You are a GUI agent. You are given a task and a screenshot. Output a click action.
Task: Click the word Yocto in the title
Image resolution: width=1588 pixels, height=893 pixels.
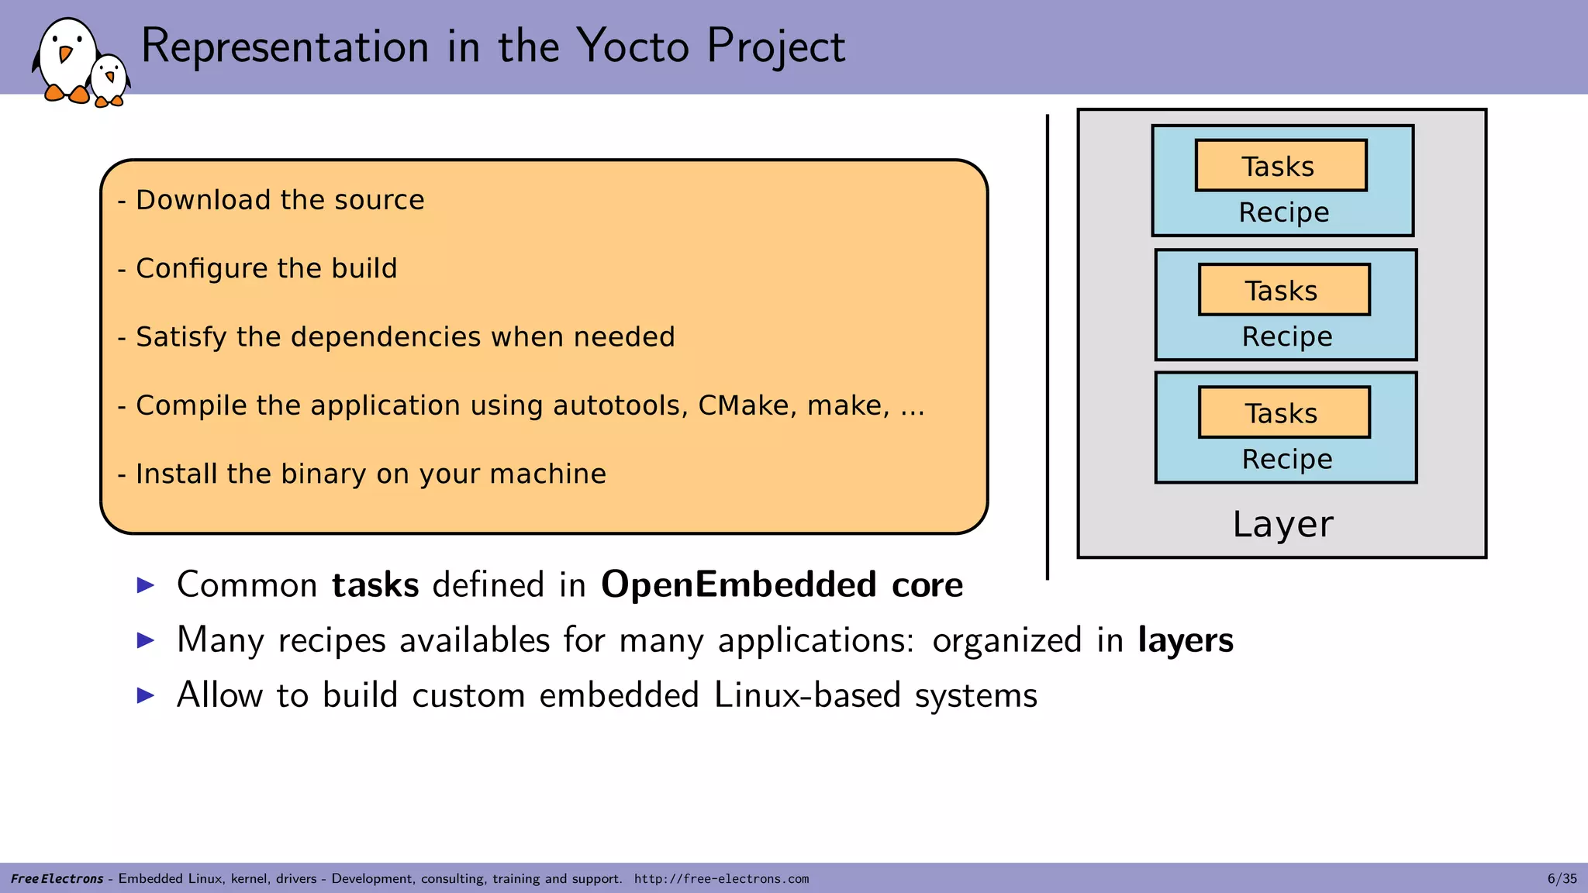pyautogui.click(x=633, y=47)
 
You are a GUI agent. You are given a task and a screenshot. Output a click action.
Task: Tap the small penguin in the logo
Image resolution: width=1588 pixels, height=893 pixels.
pyautogui.click(x=109, y=80)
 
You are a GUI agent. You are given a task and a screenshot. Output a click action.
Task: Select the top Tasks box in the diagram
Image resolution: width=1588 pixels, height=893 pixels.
pyautogui.click(x=1280, y=166)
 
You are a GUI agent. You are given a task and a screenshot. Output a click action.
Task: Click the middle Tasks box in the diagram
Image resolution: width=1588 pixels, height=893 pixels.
pyautogui.click(x=1283, y=290)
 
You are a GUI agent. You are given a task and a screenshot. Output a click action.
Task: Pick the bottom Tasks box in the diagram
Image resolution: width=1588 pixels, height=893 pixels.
pyautogui.click(x=1283, y=412)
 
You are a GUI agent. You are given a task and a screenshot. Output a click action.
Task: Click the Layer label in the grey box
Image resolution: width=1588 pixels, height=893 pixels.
pyautogui.click(x=1282, y=525)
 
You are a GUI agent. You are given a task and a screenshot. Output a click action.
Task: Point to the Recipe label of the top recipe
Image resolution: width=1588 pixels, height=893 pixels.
pyautogui.click(x=1283, y=212)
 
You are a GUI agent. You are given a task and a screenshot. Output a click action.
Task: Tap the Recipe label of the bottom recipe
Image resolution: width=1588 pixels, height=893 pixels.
pyautogui.click(x=1286, y=459)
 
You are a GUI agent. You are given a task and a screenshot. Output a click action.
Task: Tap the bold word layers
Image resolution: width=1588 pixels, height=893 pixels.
pyautogui.click(x=1185, y=640)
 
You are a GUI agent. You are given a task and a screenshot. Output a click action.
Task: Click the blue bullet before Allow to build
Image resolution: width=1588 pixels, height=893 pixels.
pyautogui.click(x=146, y=695)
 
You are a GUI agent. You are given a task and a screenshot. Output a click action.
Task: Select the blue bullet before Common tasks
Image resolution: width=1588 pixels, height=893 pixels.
pyautogui.click(x=146, y=585)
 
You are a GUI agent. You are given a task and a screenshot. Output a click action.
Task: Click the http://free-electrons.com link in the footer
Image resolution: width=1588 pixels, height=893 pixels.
pyautogui.click(x=721, y=879)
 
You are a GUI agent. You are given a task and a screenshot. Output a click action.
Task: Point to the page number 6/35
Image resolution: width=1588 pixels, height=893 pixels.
pyautogui.click(x=1562, y=879)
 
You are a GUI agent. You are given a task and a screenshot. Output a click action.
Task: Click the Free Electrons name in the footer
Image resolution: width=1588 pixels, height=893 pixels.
pyautogui.click(x=57, y=879)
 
